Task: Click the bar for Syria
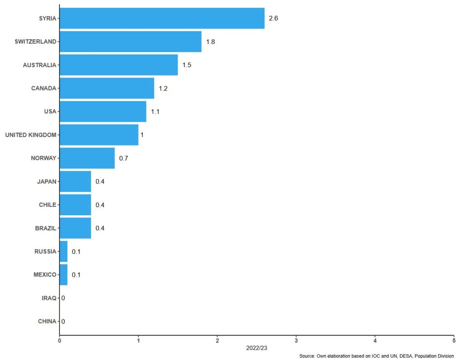162,18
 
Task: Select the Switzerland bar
130,42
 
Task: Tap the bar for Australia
119,65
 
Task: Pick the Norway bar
87,158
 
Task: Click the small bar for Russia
63,252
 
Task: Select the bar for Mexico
63,275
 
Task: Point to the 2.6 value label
273,18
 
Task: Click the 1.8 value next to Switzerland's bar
210,42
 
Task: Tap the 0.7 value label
123,158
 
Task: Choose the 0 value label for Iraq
63,298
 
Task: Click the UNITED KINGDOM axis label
30,135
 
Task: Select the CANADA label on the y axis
43,88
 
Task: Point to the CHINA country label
47,321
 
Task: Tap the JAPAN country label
47,181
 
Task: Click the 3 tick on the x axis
296,341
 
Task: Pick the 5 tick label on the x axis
454,341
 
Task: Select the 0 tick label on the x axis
59,341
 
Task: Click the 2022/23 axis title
256,348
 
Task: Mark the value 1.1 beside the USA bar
155,112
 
